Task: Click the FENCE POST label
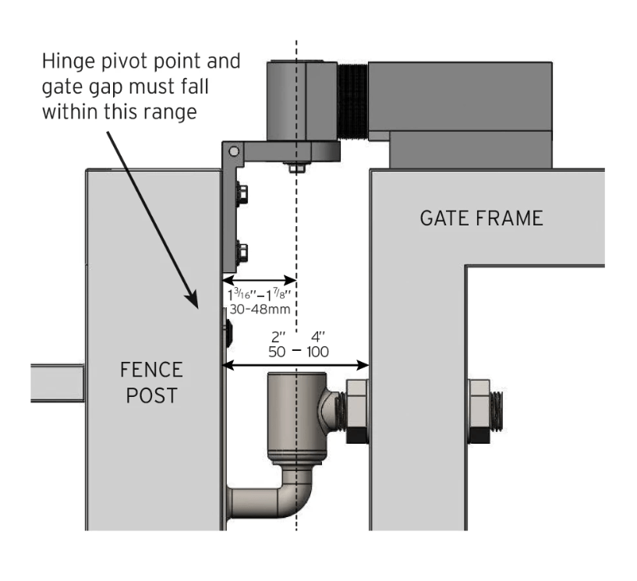(x=151, y=381)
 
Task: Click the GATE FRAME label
(x=480, y=218)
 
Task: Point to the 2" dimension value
(x=276, y=337)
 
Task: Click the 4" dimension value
(x=317, y=337)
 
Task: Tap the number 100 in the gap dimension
(x=317, y=352)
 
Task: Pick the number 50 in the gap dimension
(x=277, y=352)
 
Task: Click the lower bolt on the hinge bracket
(x=241, y=251)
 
